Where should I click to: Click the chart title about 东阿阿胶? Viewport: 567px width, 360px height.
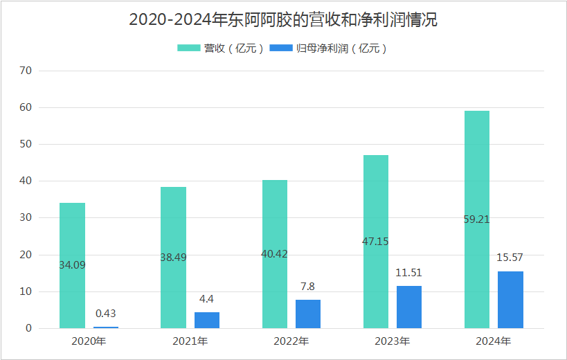click(283, 20)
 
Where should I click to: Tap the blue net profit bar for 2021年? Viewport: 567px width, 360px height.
click(207, 320)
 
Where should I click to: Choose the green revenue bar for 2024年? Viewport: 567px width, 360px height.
click(477, 277)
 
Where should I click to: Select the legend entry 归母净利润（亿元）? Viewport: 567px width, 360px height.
click(328, 48)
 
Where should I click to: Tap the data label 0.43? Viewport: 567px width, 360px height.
click(106, 313)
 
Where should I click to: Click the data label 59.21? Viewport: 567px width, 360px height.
click(477, 219)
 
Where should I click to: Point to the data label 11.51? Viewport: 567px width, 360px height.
click(409, 272)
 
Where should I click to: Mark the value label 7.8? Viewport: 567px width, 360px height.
click(308, 286)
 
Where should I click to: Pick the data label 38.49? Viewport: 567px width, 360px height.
click(173, 257)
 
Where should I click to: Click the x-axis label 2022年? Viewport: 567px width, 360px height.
click(291, 341)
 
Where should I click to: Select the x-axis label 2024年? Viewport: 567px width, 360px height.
click(494, 341)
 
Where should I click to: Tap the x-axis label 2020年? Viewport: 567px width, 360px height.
click(89, 341)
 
